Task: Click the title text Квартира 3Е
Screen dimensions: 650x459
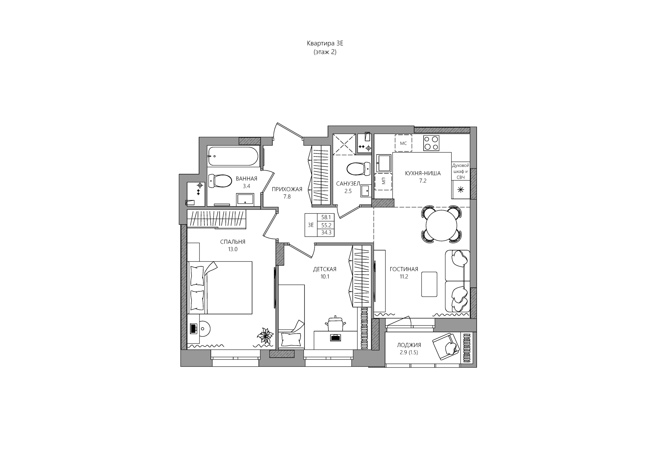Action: [x=325, y=44]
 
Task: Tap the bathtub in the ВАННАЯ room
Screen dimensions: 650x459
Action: [x=233, y=156]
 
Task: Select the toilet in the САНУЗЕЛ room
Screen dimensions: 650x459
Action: [x=358, y=169]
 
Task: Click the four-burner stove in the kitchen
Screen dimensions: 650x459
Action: [x=431, y=143]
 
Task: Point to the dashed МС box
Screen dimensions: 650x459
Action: [x=403, y=143]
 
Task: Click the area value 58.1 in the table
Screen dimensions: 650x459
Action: [x=326, y=217]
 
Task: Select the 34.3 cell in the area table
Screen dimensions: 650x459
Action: [x=326, y=233]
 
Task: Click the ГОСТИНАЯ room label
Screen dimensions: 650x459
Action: [x=404, y=269]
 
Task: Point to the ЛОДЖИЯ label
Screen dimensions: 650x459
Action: [x=409, y=345]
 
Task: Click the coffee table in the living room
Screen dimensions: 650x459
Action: [x=429, y=284]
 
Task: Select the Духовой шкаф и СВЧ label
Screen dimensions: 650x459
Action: [x=461, y=172]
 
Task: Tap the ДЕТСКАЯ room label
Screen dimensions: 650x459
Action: [x=325, y=269]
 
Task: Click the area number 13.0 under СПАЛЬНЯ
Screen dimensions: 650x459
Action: [x=233, y=249]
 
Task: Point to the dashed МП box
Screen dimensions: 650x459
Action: [x=383, y=182]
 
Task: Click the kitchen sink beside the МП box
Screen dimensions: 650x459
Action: [x=383, y=163]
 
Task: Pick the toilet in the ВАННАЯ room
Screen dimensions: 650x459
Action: [x=220, y=181]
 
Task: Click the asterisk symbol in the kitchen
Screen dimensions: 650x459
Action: [x=461, y=190]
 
